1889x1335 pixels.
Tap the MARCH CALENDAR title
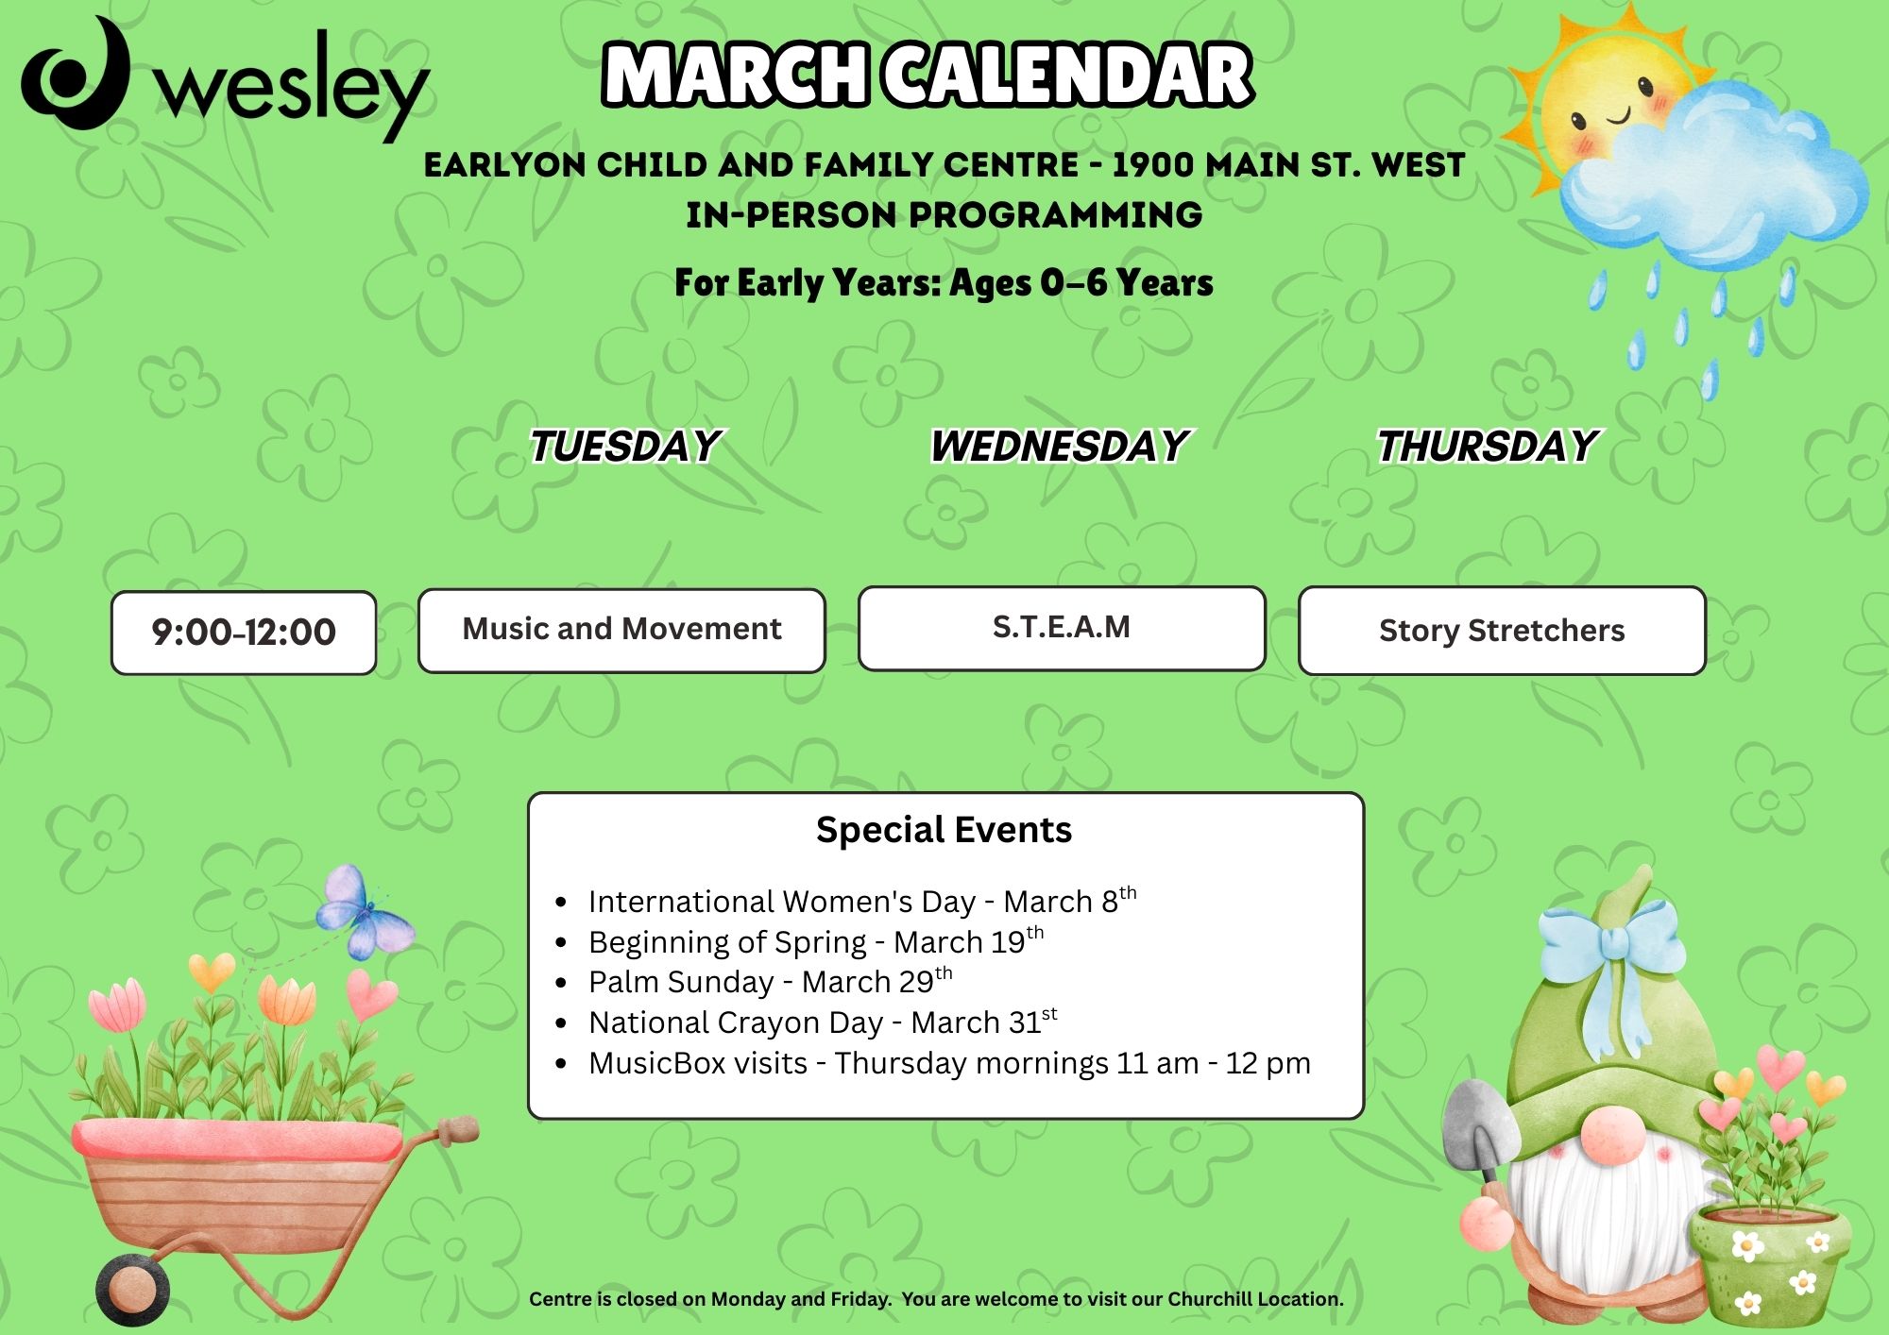pos(927,75)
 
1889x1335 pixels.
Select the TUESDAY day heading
pos(625,446)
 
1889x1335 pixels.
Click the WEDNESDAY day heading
pos(1060,446)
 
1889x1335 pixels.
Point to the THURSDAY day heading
pos(1488,446)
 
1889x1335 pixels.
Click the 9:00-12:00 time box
pos(244,633)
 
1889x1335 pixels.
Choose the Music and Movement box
pos(621,631)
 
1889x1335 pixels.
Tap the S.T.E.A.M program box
pos(1062,629)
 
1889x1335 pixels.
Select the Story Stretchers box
pos(1502,631)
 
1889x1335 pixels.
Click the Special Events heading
pos(944,830)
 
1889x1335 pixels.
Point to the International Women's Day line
pos(862,901)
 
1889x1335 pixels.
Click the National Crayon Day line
pos(823,1022)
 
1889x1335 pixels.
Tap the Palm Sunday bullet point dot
pos(562,983)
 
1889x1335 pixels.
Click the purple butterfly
pos(365,911)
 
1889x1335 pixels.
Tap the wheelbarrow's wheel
pos(132,1289)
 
